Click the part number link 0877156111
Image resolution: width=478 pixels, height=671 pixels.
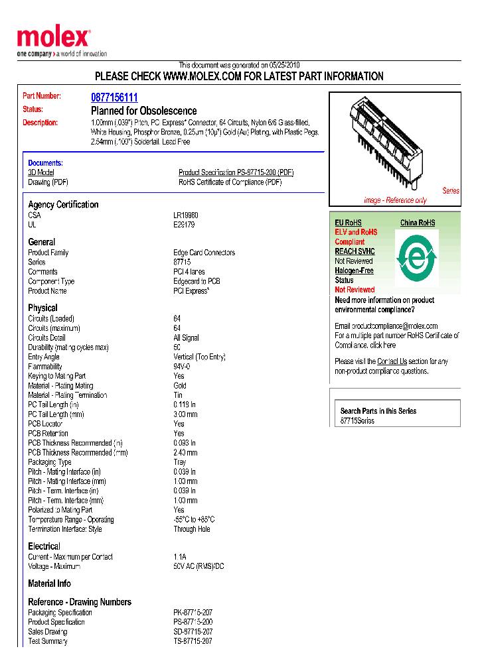click(114, 97)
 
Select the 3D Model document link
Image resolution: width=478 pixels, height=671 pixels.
click(40, 172)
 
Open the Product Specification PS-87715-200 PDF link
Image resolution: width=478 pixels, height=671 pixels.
click(236, 172)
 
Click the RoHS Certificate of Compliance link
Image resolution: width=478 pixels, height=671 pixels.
click(230, 182)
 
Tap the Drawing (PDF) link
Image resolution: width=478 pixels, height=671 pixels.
click(48, 182)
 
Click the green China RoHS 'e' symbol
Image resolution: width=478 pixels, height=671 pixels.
click(417, 257)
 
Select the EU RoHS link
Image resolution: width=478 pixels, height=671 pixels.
click(348, 223)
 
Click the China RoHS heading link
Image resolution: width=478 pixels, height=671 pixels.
click(418, 223)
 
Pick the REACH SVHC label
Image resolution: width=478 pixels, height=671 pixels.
click(355, 251)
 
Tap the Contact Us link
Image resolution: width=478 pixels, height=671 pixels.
click(392, 361)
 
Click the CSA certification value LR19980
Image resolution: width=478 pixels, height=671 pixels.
click(186, 215)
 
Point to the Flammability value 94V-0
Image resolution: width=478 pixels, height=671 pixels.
click(182, 367)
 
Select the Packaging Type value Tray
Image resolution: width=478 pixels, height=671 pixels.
click(180, 462)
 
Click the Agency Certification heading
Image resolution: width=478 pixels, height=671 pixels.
click(63, 204)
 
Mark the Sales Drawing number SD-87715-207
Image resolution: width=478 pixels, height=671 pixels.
click(193, 632)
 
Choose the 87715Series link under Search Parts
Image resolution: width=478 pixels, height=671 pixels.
click(357, 421)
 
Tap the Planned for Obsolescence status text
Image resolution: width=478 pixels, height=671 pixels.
click(143, 111)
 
